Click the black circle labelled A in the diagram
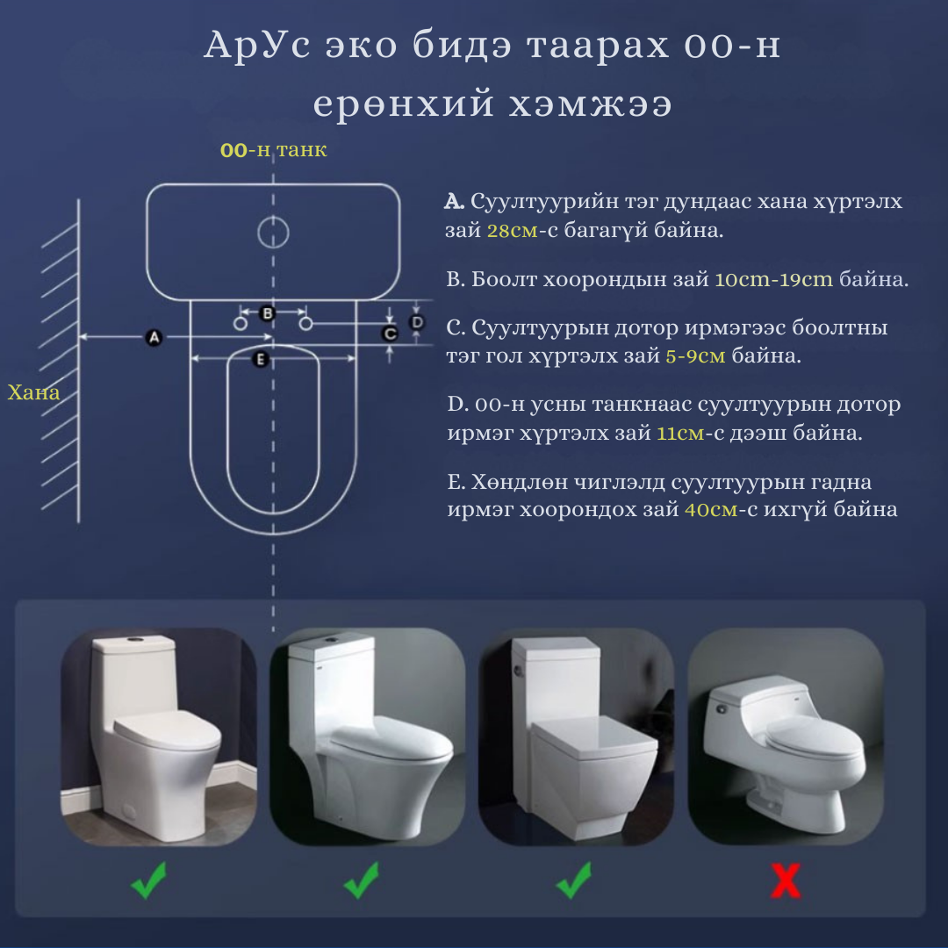pos(154,337)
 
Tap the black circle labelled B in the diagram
pos(267,313)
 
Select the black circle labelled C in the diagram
pos(390,334)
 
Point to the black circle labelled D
pos(417,322)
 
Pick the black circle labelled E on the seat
pos(261,359)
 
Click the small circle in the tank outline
pos(273,232)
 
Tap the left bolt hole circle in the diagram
pos(240,324)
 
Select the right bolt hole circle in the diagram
pos(306,324)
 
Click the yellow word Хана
pos(34,393)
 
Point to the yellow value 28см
pos(512,230)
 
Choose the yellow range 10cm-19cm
pos(774,279)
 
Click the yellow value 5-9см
pos(695,355)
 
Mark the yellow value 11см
pos(680,433)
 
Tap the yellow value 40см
pos(711,510)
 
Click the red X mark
pos(786,880)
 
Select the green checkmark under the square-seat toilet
pos(574,880)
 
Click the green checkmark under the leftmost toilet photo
pos(148,880)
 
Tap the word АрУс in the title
pos(258,46)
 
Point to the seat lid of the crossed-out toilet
pos(813,737)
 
